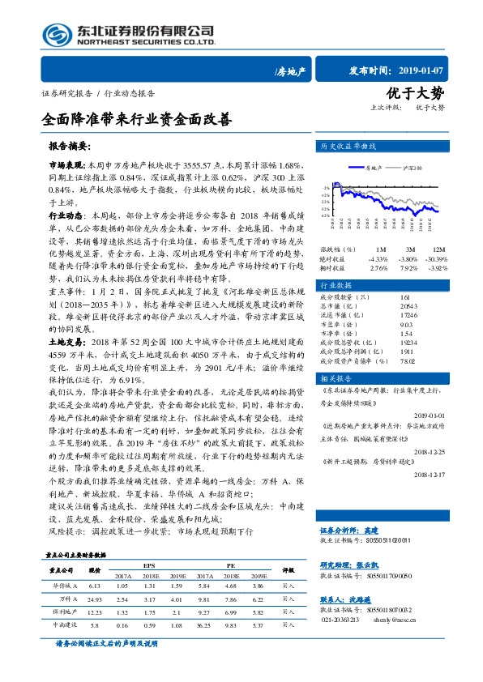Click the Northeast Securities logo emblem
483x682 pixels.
58,34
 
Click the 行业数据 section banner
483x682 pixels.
337,287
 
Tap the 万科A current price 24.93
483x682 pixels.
94,598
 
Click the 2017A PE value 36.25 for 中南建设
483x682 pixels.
204,624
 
